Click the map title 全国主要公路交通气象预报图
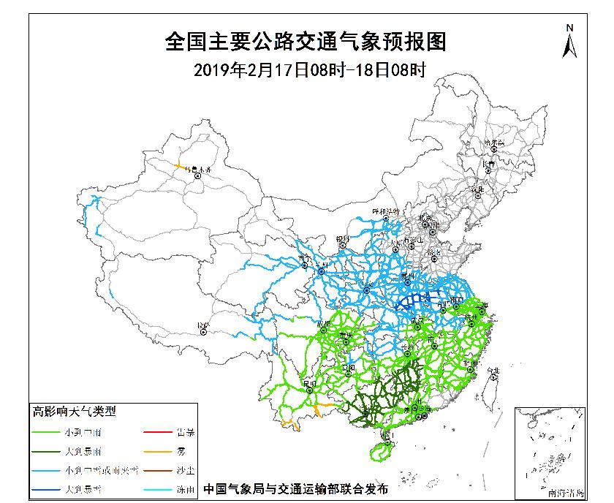click(306, 42)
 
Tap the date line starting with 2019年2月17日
click(306, 69)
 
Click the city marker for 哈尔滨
click(494, 148)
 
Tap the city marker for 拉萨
click(203, 331)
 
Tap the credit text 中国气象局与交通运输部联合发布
click(296, 488)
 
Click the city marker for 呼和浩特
click(382, 219)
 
